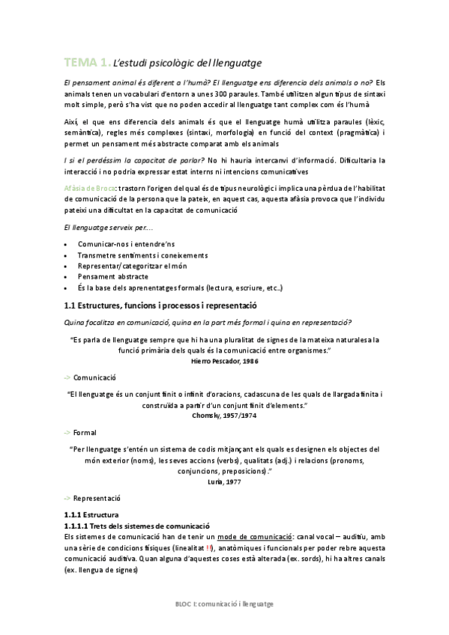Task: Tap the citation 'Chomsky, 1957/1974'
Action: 224,414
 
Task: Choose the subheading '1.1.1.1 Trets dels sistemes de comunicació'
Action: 136,526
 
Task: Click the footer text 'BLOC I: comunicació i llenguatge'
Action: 224,603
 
